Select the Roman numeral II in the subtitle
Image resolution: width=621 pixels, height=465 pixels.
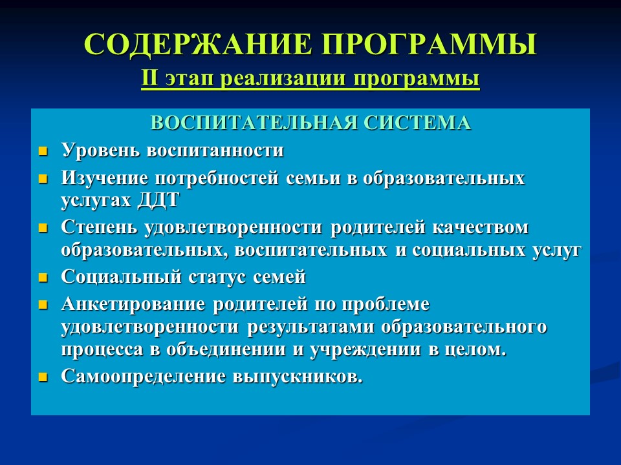tap(149, 79)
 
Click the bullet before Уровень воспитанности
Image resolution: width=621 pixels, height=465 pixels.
tap(43, 152)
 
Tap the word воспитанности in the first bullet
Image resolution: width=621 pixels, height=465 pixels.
tap(215, 150)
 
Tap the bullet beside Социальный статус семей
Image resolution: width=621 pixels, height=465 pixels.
tap(43, 278)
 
